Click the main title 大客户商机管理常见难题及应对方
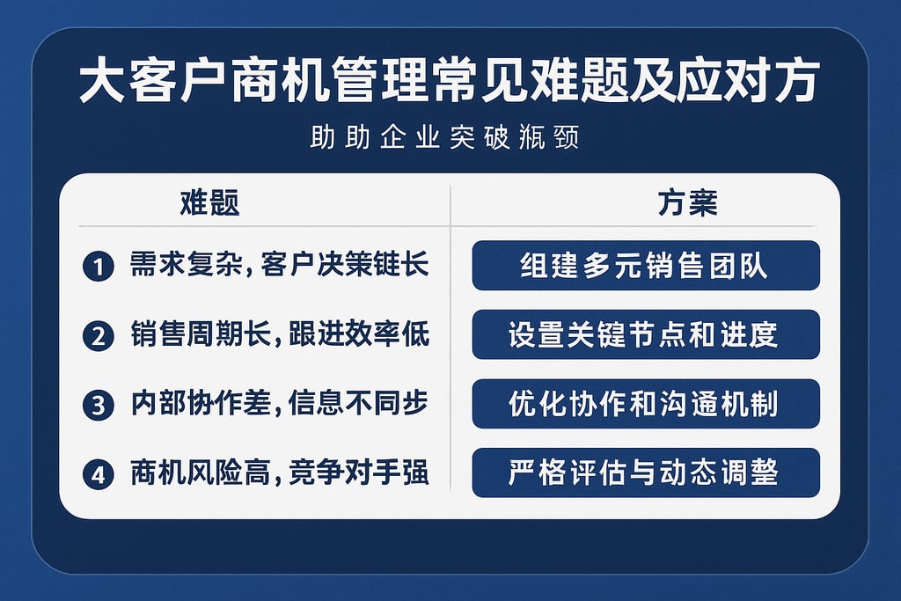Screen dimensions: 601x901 click(450, 84)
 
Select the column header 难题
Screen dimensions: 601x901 click(209, 203)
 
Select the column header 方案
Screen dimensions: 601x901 click(687, 203)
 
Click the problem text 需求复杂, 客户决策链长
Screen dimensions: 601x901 click(279, 266)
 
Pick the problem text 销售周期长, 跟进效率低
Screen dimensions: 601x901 click(279, 335)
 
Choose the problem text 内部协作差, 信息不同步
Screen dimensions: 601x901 click(279, 404)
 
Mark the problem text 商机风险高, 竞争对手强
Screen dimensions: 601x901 click(279, 473)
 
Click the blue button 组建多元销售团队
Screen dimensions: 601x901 click(645, 266)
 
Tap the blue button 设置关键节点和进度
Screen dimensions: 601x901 click(645, 334)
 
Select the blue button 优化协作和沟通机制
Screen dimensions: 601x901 click(645, 404)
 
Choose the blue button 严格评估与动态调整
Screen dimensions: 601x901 click(645, 473)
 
